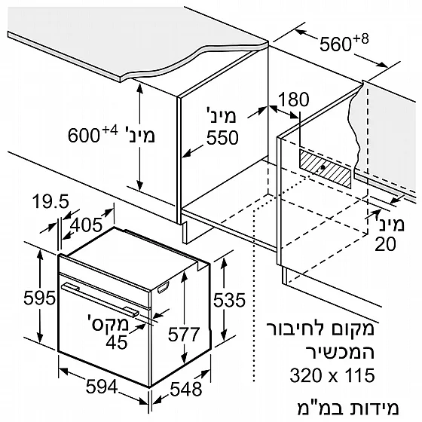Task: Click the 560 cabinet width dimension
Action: point(335,44)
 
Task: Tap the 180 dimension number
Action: point(294,99)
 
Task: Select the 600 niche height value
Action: point(84,136)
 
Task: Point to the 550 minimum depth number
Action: point(222,137)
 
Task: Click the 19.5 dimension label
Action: point(51,201)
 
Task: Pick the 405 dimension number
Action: point(86,225)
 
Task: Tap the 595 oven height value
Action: point(39,298)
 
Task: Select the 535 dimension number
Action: point(229,300)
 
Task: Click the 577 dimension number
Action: point(184,335)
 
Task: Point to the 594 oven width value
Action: point(102,387)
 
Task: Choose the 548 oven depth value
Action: point(186,389)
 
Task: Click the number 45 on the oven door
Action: point(117,342)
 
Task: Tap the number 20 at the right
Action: point(385,244)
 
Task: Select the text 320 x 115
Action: point(332,375)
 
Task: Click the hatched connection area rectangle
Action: point(326,169)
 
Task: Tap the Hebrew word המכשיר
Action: point(340,352)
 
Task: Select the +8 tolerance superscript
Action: point(361,39)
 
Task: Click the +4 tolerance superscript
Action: point(110,131)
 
